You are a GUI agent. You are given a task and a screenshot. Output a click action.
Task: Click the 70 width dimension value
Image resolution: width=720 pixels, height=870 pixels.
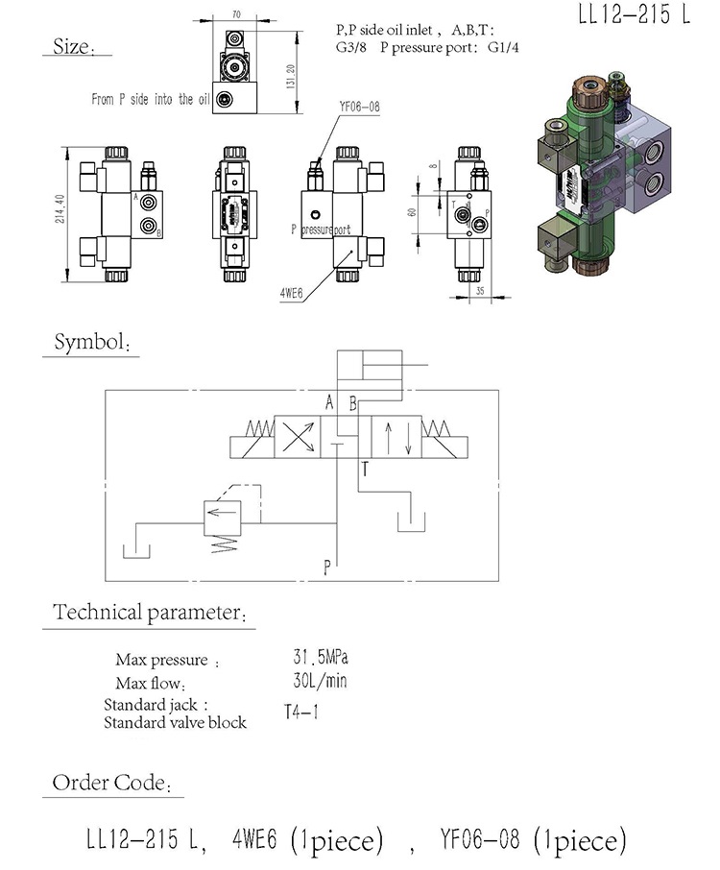(235, 15)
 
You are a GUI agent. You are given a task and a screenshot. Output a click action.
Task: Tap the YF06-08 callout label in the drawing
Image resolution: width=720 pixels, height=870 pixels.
(359, 108)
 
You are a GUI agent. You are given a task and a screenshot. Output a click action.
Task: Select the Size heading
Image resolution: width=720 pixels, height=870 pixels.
(72, 45)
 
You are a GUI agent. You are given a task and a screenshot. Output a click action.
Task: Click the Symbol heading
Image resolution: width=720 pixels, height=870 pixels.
(91, 343)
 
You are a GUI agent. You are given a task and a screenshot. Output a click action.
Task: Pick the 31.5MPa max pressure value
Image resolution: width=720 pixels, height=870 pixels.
(321, 659)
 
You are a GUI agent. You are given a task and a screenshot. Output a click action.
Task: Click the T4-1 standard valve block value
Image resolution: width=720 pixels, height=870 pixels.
(302, 713)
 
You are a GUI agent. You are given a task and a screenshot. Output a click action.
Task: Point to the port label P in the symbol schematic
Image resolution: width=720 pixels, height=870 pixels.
(327, 568)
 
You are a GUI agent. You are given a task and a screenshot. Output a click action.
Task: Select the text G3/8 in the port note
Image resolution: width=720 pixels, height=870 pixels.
(354, 45)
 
